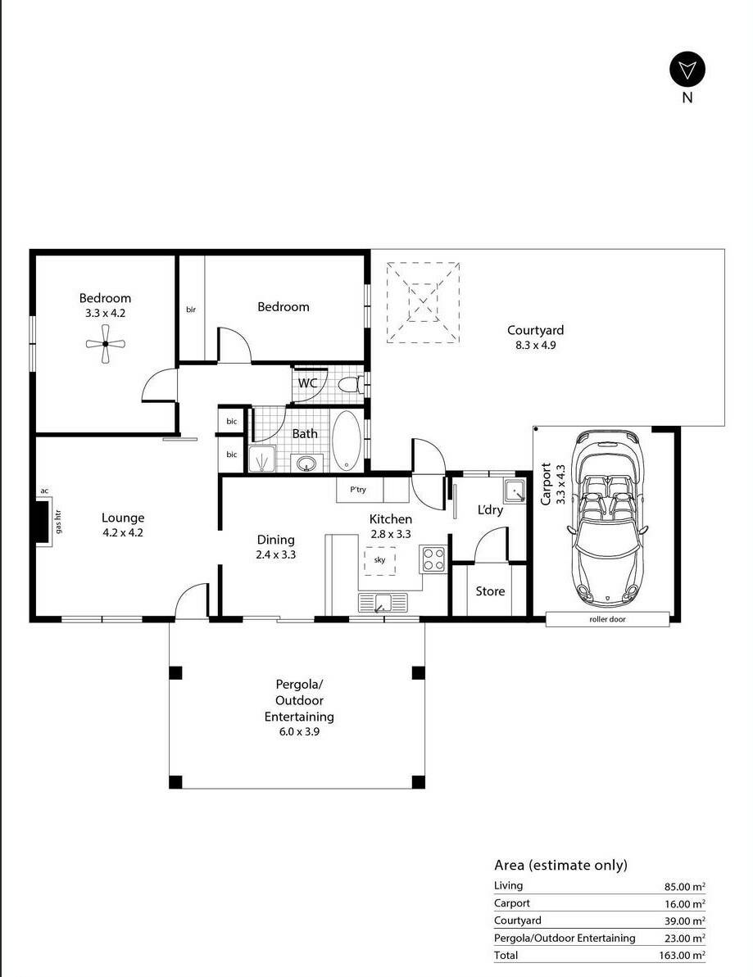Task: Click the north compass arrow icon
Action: click(687, 69)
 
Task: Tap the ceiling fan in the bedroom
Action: click(106, 343)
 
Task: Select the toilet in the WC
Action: click(351, 384)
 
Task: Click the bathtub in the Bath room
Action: click(346, 440)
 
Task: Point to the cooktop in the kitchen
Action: click(433, 559)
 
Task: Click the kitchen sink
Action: click(383, 603)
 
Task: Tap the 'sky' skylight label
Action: click(379, 559)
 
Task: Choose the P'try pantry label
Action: click(358, 489)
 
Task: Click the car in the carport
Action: click(607, 517)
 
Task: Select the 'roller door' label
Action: click(607, 619)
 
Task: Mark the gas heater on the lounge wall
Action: click(43, 522)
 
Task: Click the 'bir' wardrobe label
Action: click(191, 309)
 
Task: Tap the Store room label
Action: click(490, 590)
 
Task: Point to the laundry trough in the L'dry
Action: click(515, 491)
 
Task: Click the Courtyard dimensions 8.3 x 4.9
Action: click(535, 345)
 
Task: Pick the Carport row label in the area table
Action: click(512, 902)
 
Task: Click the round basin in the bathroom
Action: click(306, 464)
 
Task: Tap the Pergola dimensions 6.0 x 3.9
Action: click(299, 731)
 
